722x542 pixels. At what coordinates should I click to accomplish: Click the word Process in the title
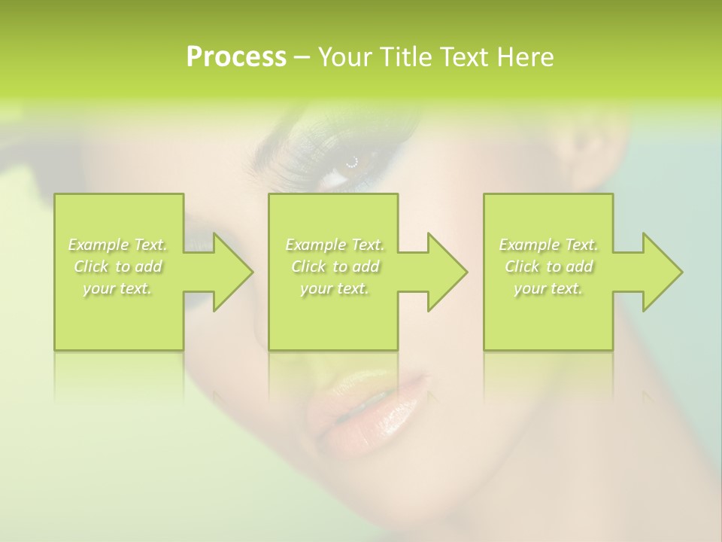click(236, 57)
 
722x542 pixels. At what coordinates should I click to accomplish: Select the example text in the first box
click(117, 266)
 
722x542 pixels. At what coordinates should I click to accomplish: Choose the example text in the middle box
click(334, 266)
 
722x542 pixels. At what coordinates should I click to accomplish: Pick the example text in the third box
click(548, 266)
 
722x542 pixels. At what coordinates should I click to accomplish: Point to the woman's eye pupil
click(351, 160)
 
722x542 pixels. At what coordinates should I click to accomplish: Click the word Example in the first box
click(98, 245)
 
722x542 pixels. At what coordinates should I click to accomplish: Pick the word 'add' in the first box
click(149, 266)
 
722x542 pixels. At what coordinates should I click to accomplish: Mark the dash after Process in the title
click(302, 57)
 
